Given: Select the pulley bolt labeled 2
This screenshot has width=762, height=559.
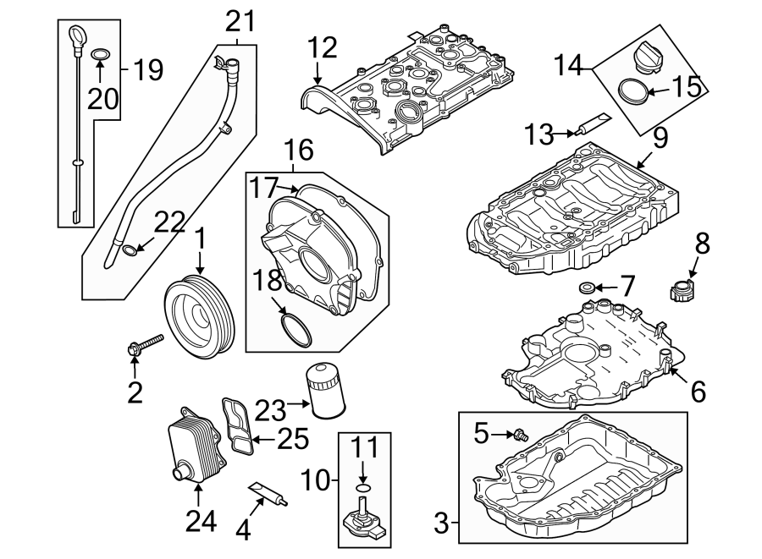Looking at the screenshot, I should [x=147, y=343].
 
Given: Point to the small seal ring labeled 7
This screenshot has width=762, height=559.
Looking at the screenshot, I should [x=585, y=288].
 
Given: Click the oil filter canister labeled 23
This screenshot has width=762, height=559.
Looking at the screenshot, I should [x=325, y=391].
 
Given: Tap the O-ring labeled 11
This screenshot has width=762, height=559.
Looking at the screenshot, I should [x=363, y=487].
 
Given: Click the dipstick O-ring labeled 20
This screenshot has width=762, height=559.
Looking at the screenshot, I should [x=100, y=57].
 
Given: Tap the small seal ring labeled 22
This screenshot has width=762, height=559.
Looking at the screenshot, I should [x=129, y=250].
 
